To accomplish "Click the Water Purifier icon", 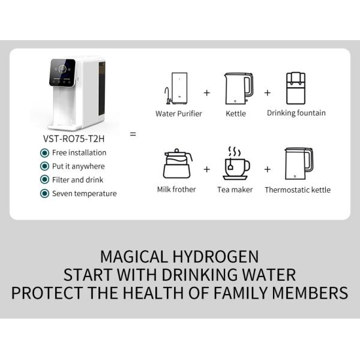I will pos(178,88).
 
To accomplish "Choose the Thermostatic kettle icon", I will pos(298,163).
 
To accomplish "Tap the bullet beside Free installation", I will pos(44,153).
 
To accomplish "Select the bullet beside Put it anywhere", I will pos(44,166).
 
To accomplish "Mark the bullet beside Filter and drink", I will pos(44,179).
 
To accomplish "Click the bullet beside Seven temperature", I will pos(44,193).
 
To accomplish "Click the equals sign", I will pos(133,134).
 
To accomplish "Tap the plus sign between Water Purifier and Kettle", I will pos(207,93).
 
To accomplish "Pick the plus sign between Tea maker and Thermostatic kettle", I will pos(267,169).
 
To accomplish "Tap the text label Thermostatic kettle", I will pos(297,190).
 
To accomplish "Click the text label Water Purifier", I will pos(178,113).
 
